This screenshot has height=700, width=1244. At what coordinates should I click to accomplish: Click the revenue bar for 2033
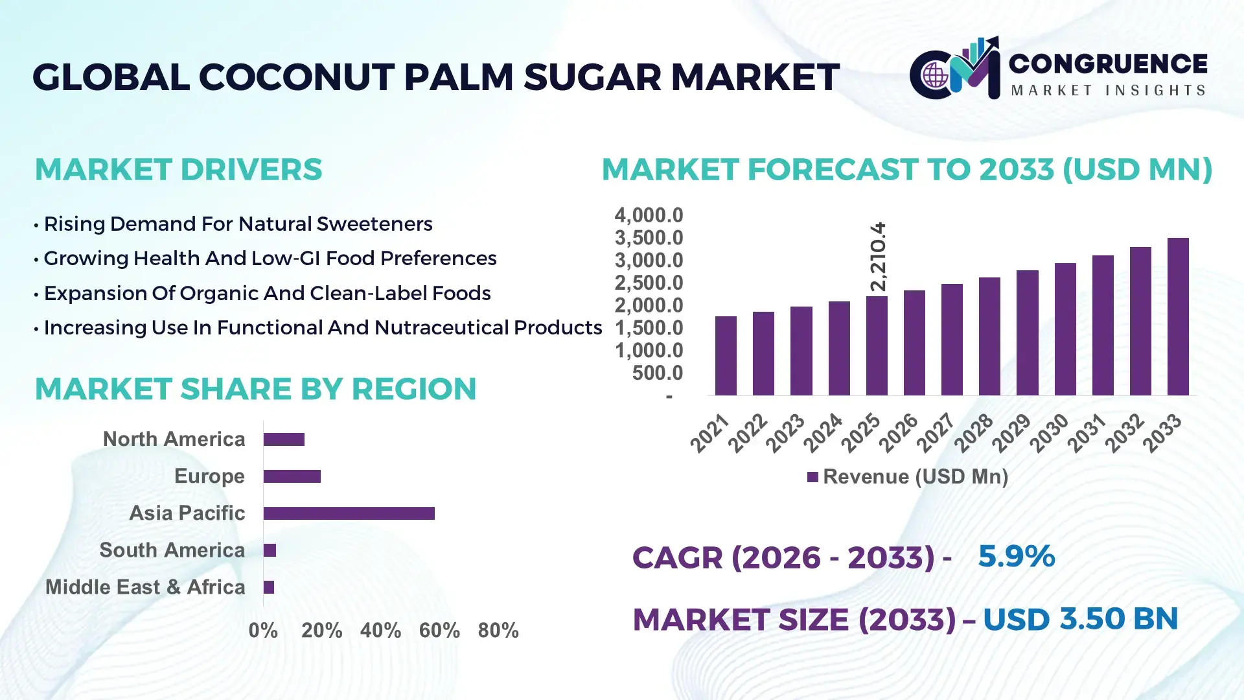coord(1177,318)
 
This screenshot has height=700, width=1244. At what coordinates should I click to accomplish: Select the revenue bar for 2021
coord(726,356)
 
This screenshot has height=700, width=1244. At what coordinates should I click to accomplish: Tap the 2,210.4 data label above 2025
coord(878,257)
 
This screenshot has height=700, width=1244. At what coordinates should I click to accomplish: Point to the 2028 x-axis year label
coord(973,432)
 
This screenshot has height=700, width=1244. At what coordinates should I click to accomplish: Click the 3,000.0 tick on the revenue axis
coord(649,261)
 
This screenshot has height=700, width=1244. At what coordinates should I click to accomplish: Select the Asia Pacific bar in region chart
coord(349,513)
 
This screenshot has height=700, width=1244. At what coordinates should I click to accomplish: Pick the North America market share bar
coord(284,439)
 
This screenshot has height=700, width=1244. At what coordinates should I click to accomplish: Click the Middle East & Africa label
coord(145,587)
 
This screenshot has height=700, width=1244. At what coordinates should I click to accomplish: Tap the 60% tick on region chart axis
coord(439,630)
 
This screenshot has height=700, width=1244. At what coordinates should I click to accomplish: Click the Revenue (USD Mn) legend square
coord(812,477)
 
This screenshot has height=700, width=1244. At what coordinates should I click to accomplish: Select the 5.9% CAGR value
coord(1016,556)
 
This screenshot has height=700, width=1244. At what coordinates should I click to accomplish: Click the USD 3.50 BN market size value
coord(1080,619)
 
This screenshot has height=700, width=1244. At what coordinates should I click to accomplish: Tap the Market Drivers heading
coord(178,170)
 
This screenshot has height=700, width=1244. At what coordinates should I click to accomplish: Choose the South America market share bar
coord(270,550)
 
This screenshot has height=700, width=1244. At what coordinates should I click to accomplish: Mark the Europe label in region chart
coord(209,476)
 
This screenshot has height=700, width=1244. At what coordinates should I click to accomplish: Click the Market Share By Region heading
coord(255,389)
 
